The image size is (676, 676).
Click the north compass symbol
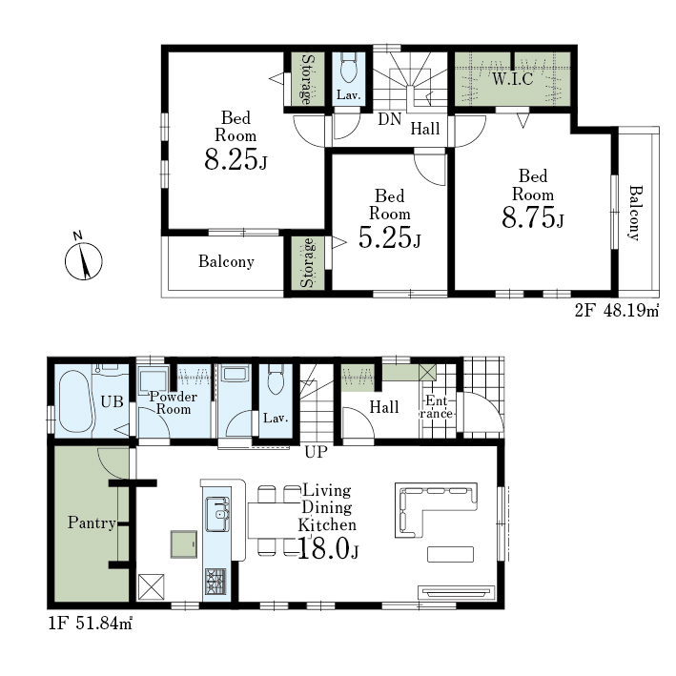83,260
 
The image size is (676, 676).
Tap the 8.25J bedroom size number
236,159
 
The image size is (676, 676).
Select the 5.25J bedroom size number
389,237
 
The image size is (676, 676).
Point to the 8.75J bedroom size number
533,216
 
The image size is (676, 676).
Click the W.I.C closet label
513,78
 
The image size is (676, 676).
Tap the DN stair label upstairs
390,119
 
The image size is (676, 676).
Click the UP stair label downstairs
316,452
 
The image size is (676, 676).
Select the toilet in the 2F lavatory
347,68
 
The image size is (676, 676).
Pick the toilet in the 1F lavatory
275,379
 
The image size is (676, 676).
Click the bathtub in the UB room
75,401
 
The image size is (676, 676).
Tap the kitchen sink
217,514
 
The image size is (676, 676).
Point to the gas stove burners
215,582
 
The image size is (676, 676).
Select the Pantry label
92,522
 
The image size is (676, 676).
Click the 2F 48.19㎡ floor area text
617,311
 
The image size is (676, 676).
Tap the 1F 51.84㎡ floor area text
90,624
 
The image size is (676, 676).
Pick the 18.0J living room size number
328,549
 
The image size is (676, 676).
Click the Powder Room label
174,402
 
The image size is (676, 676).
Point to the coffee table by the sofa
451,554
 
